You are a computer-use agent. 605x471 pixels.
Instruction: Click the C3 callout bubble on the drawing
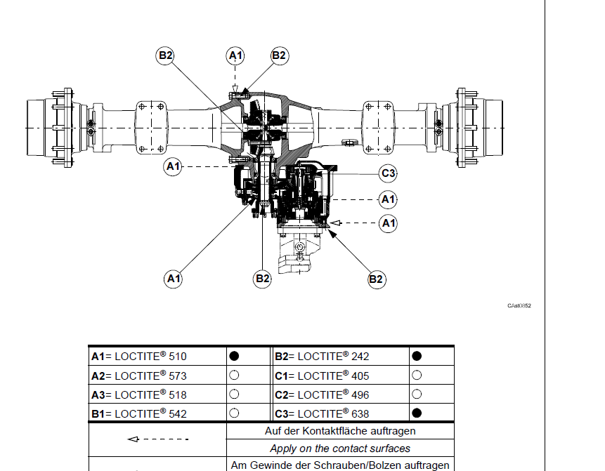pos(388,173)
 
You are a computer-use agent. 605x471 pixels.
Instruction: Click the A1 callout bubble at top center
pos(235,56)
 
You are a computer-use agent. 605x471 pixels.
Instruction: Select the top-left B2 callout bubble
pos(165,55)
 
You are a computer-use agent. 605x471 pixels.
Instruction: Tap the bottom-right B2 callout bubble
pos(376,279)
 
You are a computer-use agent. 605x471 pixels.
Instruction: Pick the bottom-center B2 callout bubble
pos(262,278)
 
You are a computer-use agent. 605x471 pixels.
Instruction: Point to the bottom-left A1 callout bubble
pos(174,278)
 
